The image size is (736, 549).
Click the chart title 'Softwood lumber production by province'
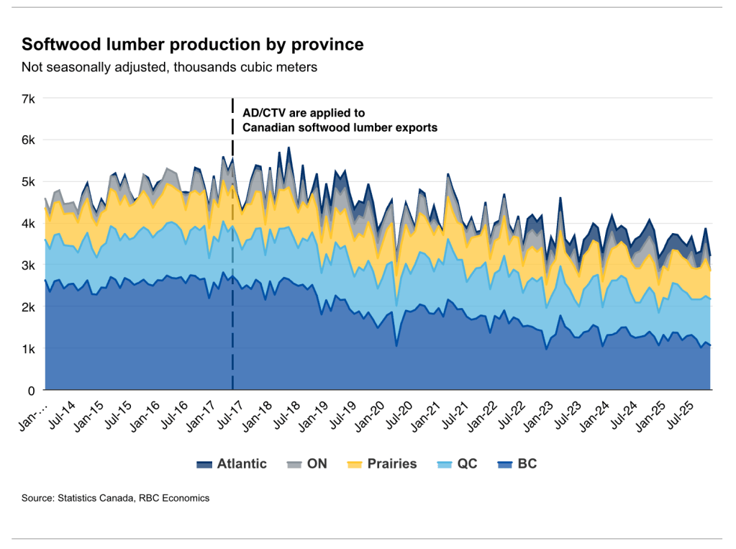[x=192, y=45]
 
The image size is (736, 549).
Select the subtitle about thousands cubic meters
[x=169, y=68]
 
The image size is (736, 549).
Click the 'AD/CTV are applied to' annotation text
[x=304, y=113]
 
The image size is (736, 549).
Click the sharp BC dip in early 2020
[x=396, y=346]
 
